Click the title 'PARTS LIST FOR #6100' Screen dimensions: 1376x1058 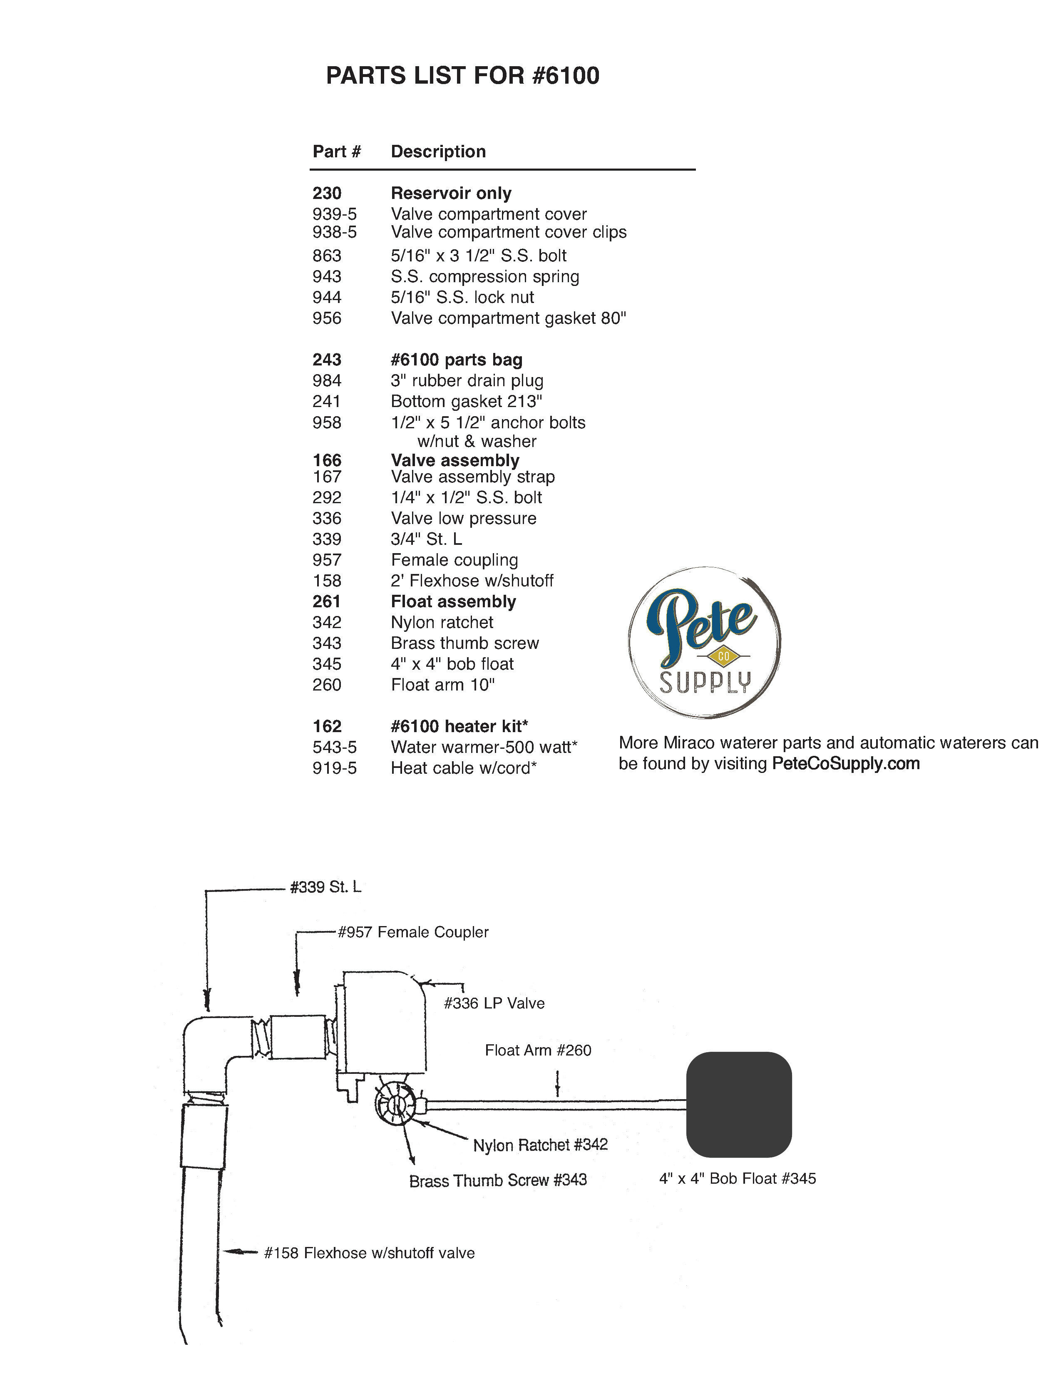[x=462, y=76]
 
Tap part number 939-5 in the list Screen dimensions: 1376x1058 [x=334, y=214]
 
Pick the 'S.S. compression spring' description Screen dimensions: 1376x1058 [x=485, y=276]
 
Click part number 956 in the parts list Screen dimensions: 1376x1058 [x=327, y=318]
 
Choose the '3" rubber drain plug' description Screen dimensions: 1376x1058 [x=467, y=380]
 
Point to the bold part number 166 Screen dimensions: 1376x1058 [x=327, y=460]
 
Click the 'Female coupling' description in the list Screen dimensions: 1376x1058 [x=454, y=560]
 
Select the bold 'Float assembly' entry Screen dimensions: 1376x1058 [x=453, y=601]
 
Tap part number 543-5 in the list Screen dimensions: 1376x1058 [x=334, y=747]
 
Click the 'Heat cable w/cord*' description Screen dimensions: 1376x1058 [x=464, y=767]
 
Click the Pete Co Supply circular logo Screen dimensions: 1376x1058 [x=704, y=642]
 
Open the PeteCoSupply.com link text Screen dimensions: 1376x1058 [x=845, y=763]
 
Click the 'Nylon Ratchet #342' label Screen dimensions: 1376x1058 [x=540, y=1144]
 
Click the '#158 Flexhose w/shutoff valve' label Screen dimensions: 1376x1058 [x=369, y=1252]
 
